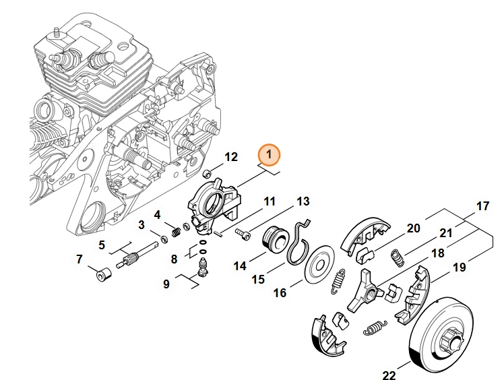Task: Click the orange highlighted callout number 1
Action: [x=269, y=155]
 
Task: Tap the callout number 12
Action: [x=231, y=157]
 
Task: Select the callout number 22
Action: [x=389, y=375]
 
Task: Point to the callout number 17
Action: [x=482, y=205]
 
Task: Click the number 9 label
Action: [x=166, y=284]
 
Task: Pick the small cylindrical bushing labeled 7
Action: [x=104, y=274]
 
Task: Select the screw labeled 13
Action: [x=243, y=233]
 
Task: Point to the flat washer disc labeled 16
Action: [x=319, y=264]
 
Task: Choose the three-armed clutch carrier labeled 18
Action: [x=365, y=291]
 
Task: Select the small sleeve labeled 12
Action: [x=206, y=174]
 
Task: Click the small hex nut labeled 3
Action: [x=163, y=239]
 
